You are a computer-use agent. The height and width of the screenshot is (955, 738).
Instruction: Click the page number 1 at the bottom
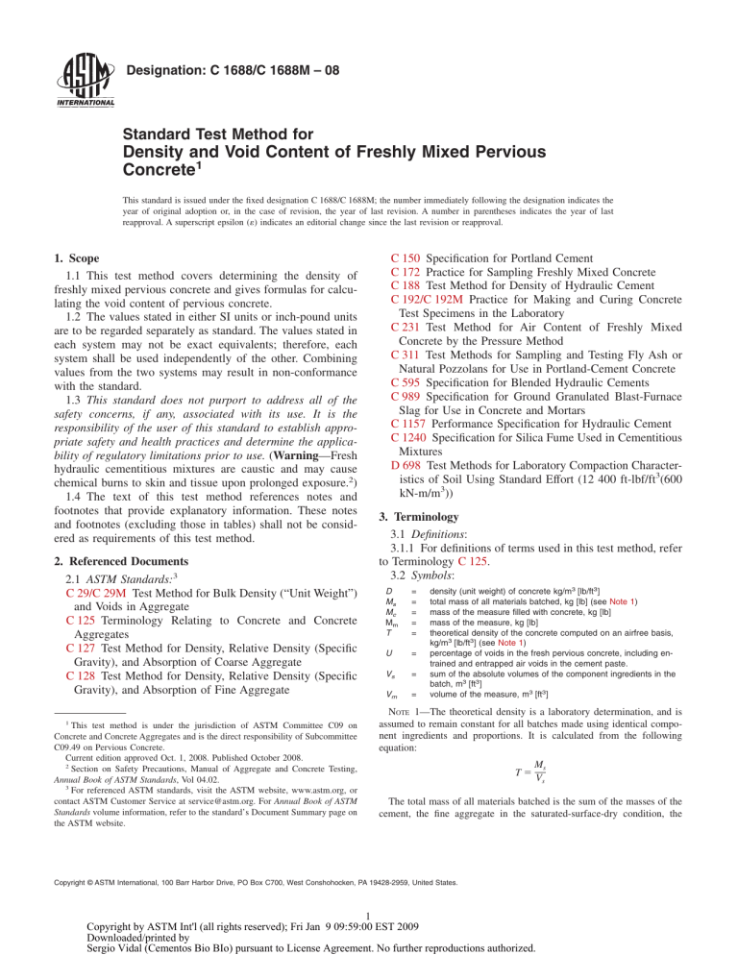(370, 916)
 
